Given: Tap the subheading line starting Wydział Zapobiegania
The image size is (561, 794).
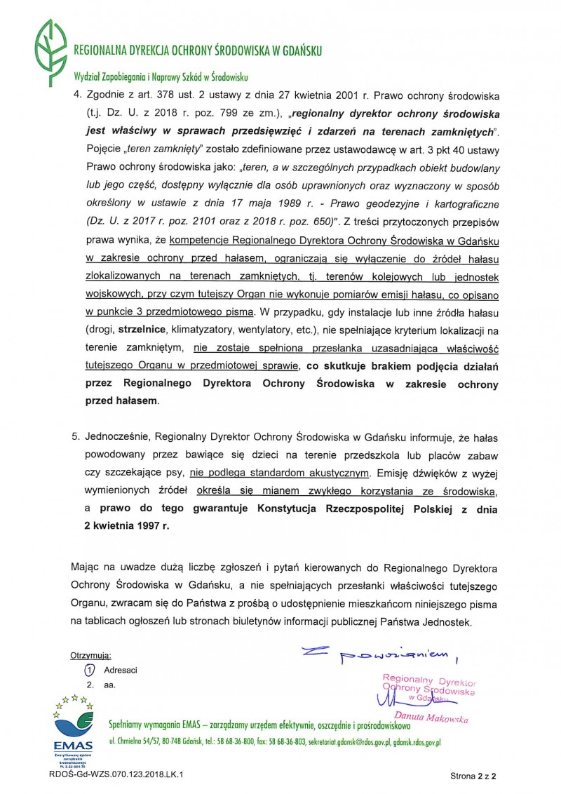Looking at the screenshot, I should tap(161, 77).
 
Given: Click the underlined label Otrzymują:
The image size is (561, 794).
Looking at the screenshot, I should tap(90, 655).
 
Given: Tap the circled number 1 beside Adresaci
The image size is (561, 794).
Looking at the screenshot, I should tap(89, 669).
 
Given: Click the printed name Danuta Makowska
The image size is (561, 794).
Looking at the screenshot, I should tap(431, 718).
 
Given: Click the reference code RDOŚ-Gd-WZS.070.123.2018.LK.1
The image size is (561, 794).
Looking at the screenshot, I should tap(116, 775).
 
